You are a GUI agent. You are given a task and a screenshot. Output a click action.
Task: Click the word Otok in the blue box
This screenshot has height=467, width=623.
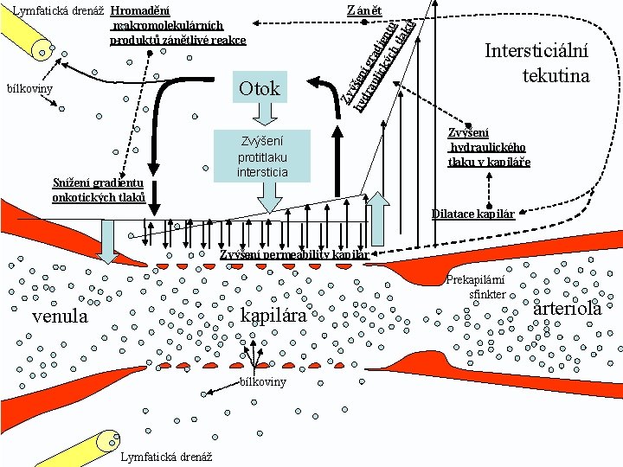pyautogui.click(x=260, y=88)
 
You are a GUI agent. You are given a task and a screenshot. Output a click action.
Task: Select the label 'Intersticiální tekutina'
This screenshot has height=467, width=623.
pyautogui.click(x=536, y=63)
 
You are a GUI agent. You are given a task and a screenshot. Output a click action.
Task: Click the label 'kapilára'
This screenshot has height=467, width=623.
pyautogui.click(x=273, y=316)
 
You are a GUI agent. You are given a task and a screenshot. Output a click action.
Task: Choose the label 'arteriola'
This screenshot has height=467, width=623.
pyautogui.click(x=568, y=309)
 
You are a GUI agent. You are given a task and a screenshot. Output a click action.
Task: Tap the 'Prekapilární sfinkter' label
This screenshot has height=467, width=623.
pyautogui.click(x=475, y=287)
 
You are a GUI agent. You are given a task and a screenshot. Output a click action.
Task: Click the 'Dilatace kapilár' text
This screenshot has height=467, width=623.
pyautogui.click(x=472, y=214)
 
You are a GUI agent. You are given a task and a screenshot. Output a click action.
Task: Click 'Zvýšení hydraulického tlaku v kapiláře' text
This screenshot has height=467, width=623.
pyautogui.click(x=488, y=147)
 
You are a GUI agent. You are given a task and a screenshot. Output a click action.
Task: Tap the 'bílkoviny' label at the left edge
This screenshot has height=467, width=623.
pyautogui.click(x=29, y=88)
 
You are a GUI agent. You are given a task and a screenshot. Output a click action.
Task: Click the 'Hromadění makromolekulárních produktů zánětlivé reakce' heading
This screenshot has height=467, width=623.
pyautogui.click(x=177, y=25)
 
